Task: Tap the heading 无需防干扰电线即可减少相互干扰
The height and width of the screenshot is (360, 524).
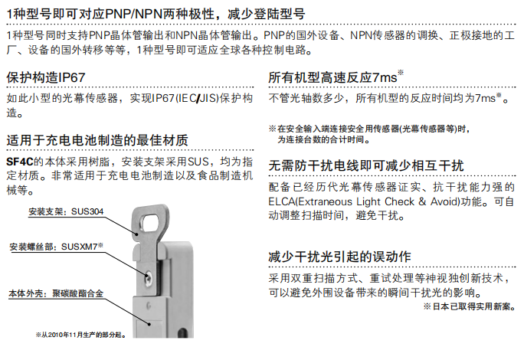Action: pos(366,165)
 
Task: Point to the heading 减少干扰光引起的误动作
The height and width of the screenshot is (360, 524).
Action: pos(340,256)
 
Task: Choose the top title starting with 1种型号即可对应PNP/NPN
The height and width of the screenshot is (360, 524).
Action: pos(154,13)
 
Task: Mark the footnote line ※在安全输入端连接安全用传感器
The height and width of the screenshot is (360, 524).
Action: pos(367,128)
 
